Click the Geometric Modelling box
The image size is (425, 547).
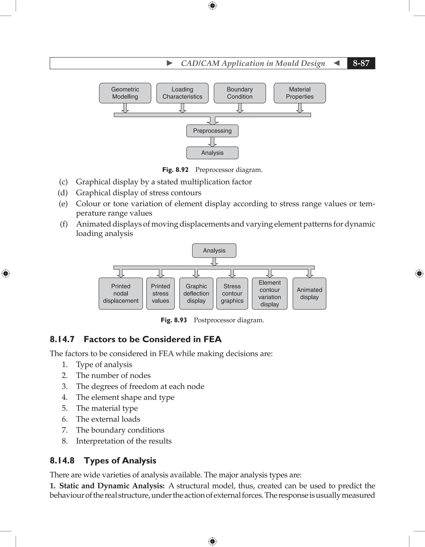(125, 93)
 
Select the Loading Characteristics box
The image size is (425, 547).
(182, 93)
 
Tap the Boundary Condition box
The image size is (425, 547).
(240, 93)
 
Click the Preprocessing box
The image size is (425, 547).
(212, 131)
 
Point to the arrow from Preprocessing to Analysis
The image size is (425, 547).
(212, 142)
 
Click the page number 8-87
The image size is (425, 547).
(361, 63)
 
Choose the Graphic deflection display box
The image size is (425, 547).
(196, 294)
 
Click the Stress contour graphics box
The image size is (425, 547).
(232, 294)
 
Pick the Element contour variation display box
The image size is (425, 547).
(270, 294)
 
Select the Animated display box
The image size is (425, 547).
(309, 294)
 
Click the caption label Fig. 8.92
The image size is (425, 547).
(175, 170)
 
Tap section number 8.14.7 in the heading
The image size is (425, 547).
(62, 339)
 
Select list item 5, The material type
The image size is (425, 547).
(107, 408)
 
